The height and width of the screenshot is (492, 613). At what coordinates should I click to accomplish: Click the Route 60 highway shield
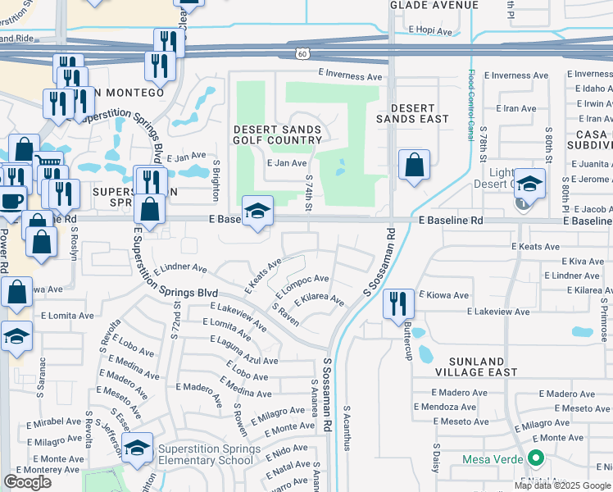click(x=302, y=53)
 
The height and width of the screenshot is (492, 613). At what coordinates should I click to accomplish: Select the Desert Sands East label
click(x=419, y=113)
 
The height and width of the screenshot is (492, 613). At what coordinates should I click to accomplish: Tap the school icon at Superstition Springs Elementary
click(x=138, y=447)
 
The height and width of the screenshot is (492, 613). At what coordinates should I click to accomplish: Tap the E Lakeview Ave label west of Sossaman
click(x=238, y=317)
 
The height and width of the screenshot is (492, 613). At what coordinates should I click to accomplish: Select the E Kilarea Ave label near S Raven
click(x=319, y=297)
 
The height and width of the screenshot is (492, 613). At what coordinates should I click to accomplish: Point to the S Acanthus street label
click(x=347, y=427)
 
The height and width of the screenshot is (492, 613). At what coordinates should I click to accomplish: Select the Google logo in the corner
click(x=27, y=482)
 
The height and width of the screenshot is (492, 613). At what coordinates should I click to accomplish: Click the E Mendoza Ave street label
click(x=445, y=407)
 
